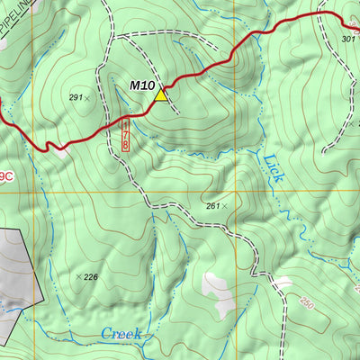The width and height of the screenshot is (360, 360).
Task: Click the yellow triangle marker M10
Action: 161,94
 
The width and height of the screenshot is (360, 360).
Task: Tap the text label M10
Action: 142,85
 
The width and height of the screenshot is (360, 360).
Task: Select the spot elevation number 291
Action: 74,96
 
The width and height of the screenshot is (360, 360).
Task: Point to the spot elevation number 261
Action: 212,206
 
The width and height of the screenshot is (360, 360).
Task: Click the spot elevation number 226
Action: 91,277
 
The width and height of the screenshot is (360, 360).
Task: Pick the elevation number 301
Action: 349,40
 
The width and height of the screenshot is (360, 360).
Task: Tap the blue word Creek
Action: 121,333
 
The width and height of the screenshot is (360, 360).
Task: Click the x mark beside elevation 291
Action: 87,97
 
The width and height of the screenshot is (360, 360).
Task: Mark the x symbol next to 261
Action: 226,206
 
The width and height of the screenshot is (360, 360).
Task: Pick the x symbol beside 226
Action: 78,276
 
